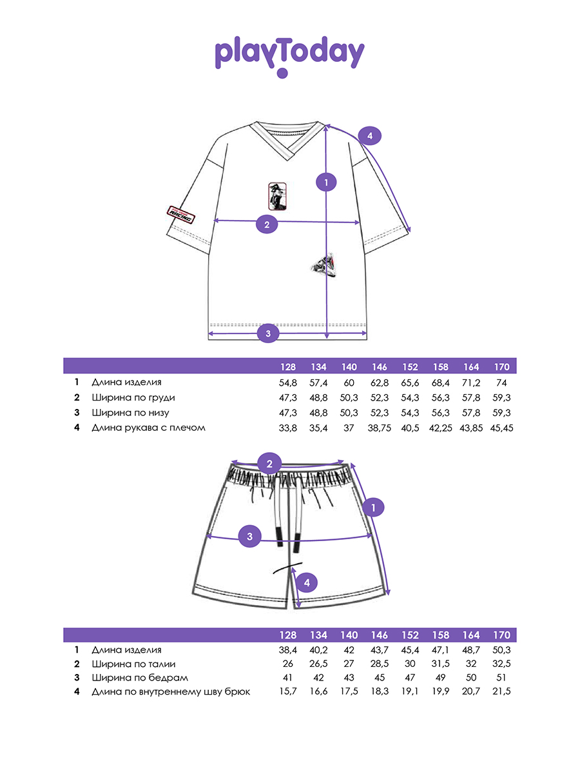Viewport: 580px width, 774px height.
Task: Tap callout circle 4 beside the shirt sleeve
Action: pos(369,136)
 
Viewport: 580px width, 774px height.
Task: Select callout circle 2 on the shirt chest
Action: pos(267,224)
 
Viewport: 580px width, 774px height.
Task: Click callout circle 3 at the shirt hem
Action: pos(268,333)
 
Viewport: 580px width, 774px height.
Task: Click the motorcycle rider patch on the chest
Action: pos(277,195)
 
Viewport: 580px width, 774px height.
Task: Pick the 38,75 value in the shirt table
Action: pos(380,428)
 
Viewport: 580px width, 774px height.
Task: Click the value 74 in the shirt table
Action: pos(503,382)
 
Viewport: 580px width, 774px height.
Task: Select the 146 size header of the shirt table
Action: pos(380,367)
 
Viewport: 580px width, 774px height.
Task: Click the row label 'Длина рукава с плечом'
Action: pos(148,428)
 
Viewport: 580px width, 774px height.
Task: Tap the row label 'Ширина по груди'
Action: pos(133,397)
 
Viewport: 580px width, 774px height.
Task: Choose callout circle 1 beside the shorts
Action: pos(373,508)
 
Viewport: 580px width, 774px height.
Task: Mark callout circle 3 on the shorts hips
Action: pos(249,536)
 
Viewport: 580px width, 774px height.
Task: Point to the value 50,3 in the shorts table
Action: pos(503,650)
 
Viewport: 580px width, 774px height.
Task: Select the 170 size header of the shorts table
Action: pos(503,635)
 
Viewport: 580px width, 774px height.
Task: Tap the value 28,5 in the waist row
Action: pos(380,664)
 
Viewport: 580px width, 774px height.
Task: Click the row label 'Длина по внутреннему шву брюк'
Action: pos(171,692)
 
